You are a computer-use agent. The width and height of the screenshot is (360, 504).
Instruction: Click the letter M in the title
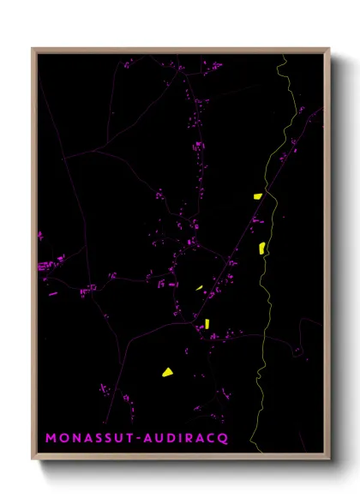(x=51, y=437)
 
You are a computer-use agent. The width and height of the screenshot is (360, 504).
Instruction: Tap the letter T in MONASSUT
(x=127, y=437)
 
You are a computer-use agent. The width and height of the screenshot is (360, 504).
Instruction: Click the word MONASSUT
(x=89, y=437)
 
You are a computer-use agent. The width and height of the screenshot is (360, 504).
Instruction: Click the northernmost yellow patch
(x=257, y=196)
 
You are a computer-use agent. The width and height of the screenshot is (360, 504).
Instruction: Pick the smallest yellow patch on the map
(x=199, y=288)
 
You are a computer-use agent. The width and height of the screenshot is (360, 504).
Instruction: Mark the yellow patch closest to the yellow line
(x=262, y=248)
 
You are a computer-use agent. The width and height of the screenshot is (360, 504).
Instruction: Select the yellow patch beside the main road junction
(x=207, y=323)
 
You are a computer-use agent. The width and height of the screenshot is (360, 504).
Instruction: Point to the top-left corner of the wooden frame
(x=33, y=49)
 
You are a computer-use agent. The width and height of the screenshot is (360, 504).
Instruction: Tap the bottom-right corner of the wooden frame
(x=329, y=459)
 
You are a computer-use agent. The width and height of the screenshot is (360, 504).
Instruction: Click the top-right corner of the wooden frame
(x=329, y=49)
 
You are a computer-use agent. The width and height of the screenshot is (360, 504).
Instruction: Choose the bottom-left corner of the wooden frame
(x=33, y=459)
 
